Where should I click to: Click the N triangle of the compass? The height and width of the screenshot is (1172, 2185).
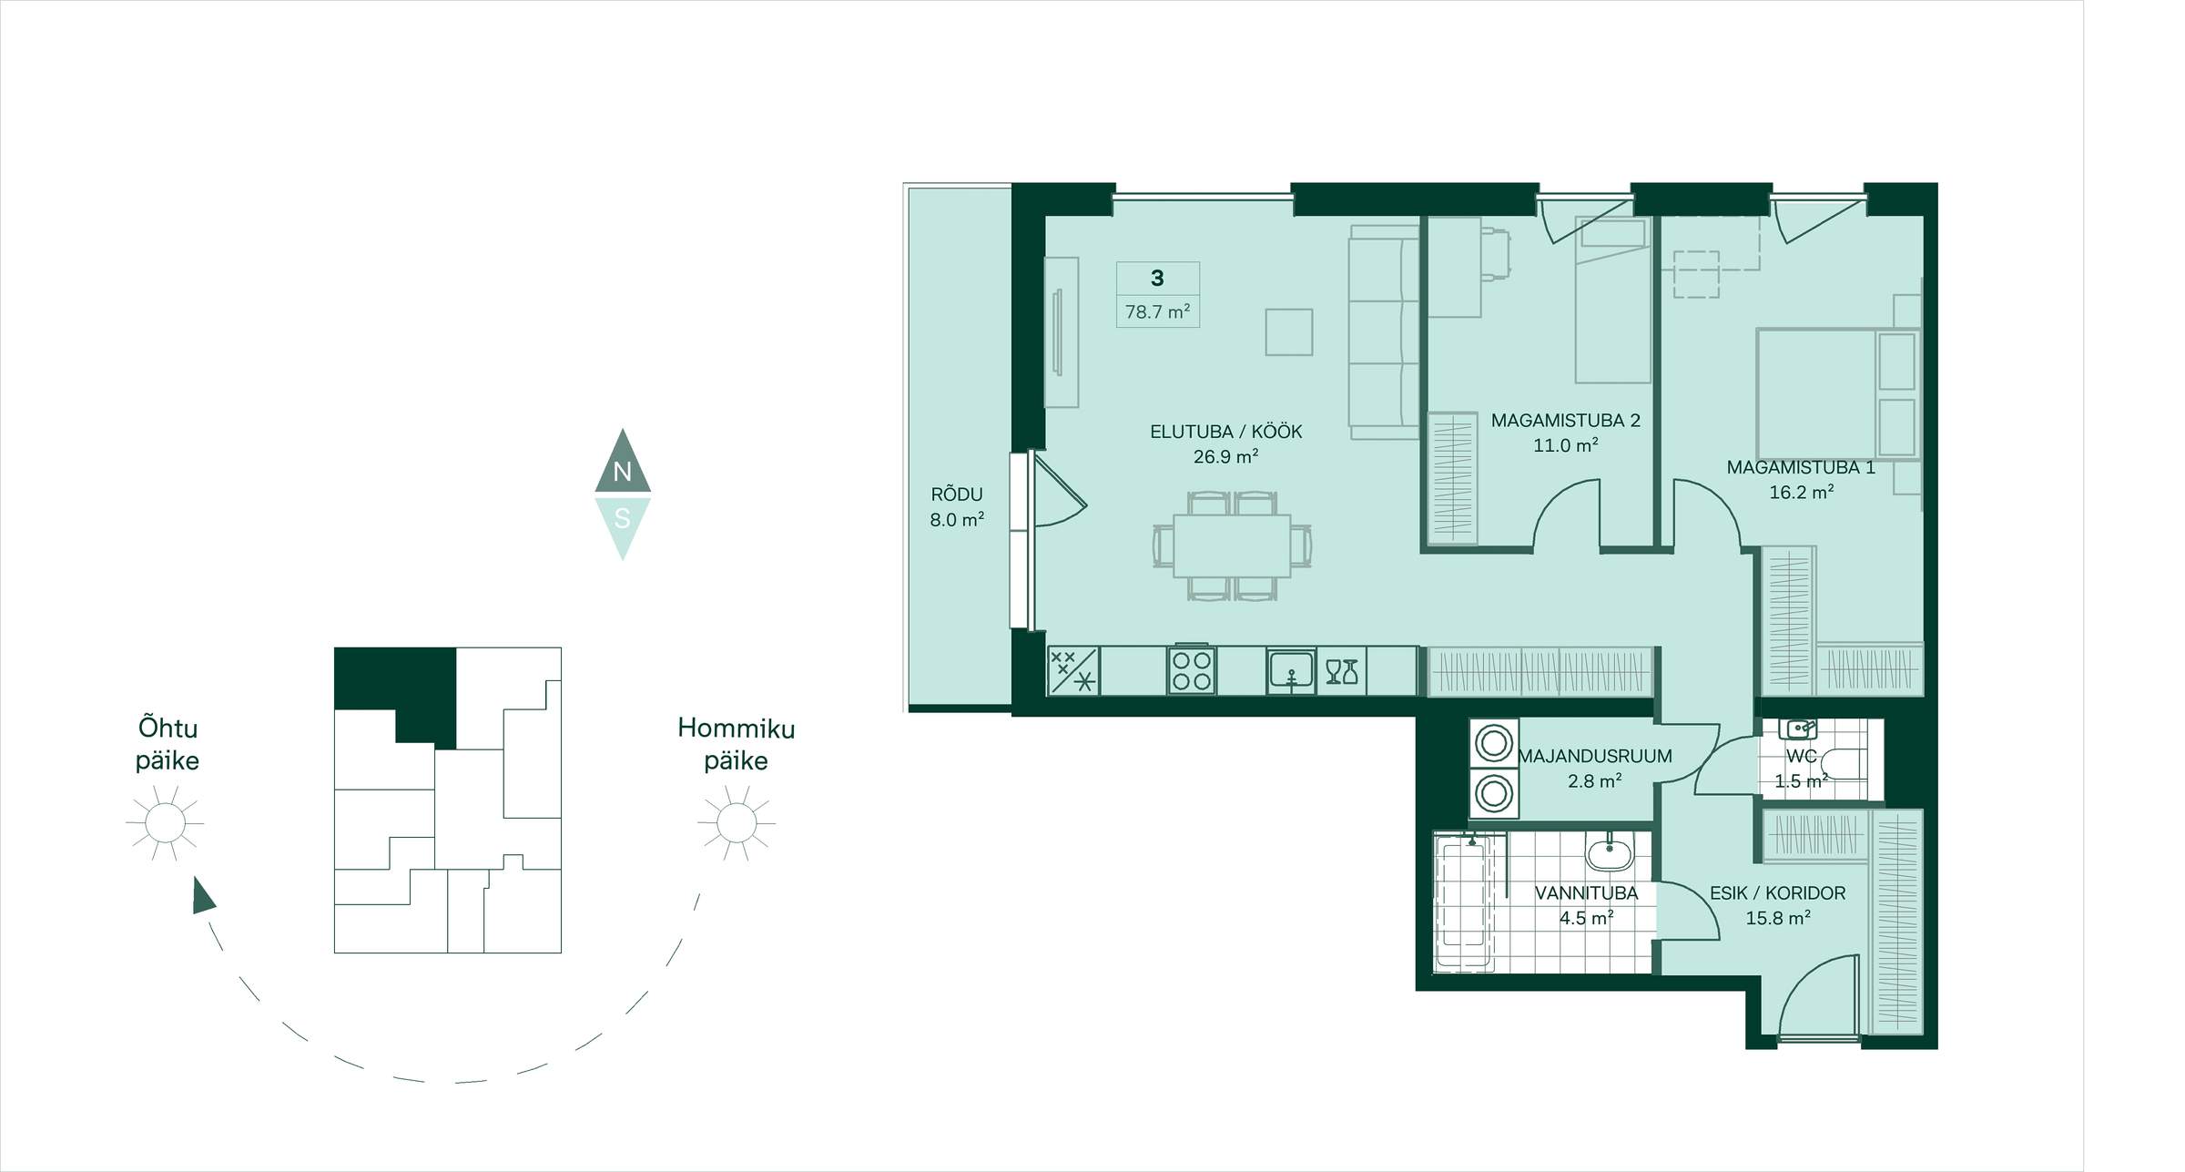tap(623, 464)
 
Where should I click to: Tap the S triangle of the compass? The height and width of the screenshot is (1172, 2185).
tap(623, 524)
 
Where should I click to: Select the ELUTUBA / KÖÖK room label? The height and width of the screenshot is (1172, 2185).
tap(1225, 432)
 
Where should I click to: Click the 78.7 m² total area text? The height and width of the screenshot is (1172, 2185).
tap(1157, 311)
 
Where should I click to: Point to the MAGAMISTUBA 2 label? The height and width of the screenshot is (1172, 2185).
tap(1565, 421)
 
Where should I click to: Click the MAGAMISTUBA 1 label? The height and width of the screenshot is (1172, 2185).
tap(1801, 467)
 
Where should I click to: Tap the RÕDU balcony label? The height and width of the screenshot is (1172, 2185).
tap(957, 494)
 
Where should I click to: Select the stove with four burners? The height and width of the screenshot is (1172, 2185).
tap(1192, 671)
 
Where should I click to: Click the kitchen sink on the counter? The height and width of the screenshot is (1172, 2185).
tap(1291, 671)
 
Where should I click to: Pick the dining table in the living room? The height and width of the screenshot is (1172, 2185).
tap(1232, 545)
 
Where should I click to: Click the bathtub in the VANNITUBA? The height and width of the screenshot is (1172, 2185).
tap(1464, 902)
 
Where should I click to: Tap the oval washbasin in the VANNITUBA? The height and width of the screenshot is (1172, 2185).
tap(1611, 853)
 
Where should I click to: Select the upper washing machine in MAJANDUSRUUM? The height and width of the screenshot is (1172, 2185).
tap(1494, 743)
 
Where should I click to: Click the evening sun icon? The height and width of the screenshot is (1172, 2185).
tap(165, 823)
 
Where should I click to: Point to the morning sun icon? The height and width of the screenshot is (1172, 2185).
tap(737, 823)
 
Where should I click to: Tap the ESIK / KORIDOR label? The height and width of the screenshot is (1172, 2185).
tap(1777, 893)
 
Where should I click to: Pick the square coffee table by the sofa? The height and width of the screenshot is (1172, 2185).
tap(1288, 331)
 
